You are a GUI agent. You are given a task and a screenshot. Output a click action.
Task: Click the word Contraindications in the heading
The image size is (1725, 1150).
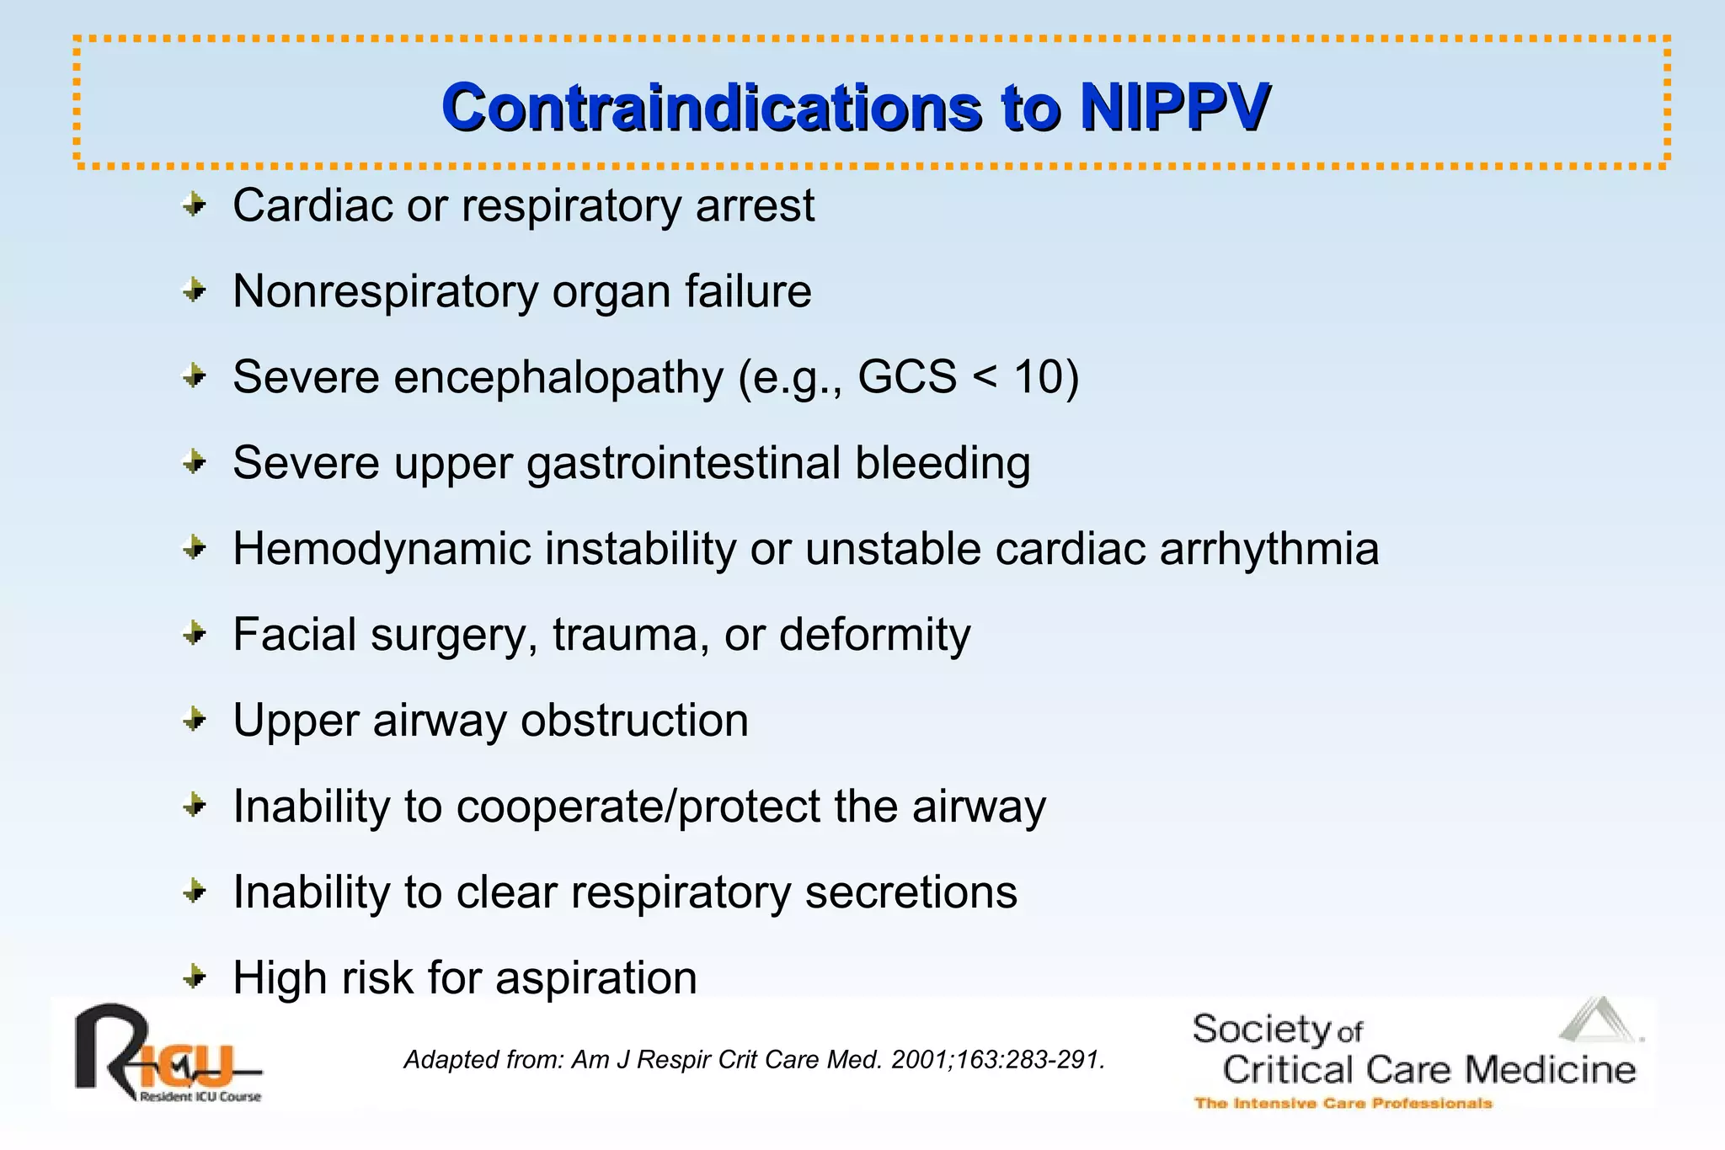click(x=712, y=108)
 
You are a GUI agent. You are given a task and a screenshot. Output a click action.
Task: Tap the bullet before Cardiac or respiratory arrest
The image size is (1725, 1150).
click(x=195, y=205)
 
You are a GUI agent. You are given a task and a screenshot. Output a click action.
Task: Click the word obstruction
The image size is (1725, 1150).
click(x=634, y=721)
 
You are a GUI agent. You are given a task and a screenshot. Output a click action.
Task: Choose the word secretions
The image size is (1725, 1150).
click(x=911, y=892)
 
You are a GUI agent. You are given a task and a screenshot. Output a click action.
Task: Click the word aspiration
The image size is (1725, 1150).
click(x=595, y=978)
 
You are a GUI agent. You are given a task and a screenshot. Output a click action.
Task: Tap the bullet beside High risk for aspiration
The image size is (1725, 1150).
click(x=195, y=977)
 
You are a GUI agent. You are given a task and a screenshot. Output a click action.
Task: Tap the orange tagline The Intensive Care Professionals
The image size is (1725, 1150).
click(x=1343, y=1103)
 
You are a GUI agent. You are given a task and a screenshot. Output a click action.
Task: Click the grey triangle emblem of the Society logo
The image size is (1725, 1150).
click(x=1598, y=1021)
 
